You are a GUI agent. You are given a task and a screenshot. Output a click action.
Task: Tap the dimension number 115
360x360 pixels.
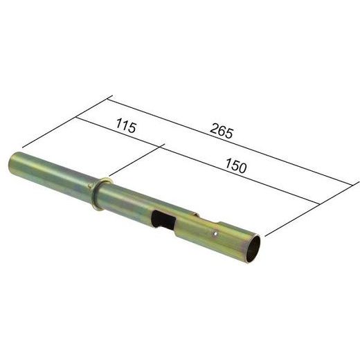click(x=125, y=127)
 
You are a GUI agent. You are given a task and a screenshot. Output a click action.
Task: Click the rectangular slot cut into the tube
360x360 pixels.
click(x=163, y=220)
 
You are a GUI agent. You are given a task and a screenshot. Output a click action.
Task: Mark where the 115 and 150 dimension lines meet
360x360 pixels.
click(x=163, y=146)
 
